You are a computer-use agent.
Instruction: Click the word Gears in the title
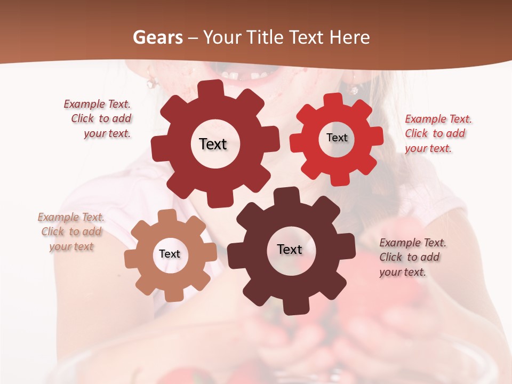point(157,37)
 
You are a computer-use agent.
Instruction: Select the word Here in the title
point(350,37)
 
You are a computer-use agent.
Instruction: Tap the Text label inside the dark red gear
point(213,144)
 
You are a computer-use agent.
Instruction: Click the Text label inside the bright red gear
point(337,138)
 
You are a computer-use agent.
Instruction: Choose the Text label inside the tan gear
point(170,254)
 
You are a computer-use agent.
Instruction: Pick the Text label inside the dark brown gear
point(290,249)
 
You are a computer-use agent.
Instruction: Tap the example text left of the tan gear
point(71,232)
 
